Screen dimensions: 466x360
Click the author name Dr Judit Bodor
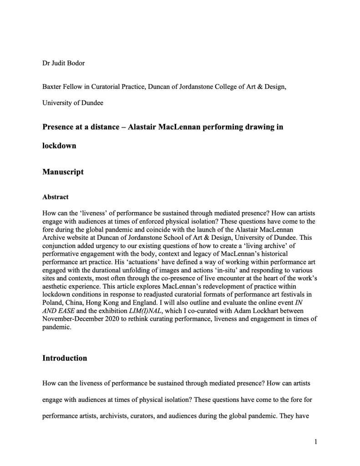[64, 63]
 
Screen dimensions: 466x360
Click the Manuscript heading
[63, 172]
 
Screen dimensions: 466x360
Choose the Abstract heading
[56, 197]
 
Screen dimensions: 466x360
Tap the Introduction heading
[65, 358]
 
